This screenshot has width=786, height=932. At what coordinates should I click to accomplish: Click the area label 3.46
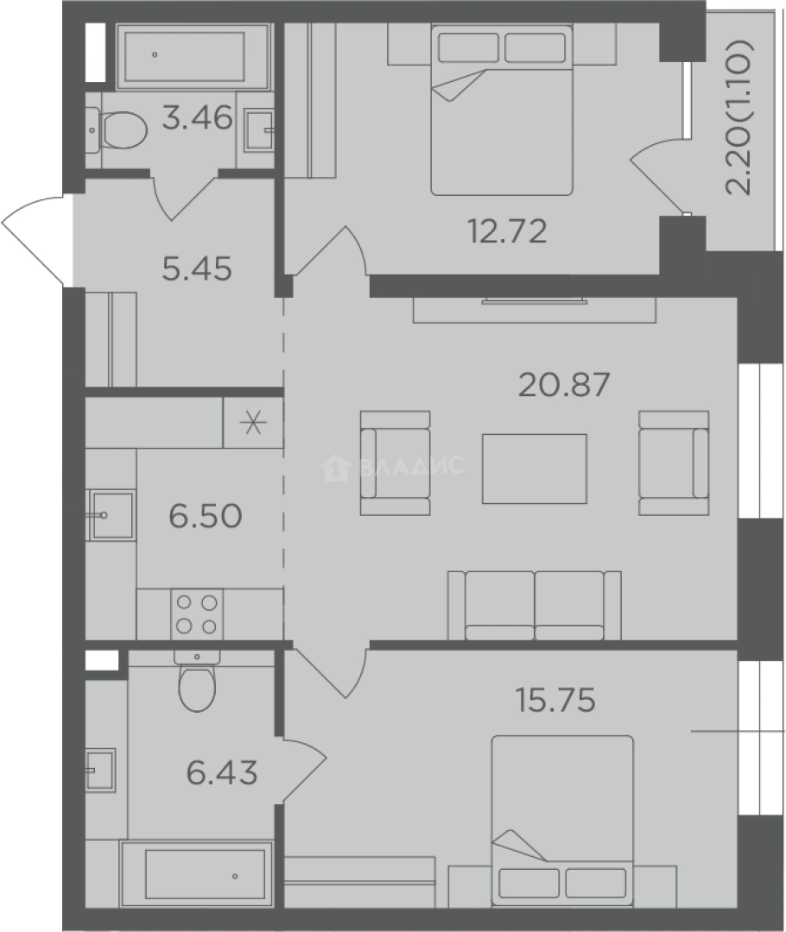(x=198, y=117)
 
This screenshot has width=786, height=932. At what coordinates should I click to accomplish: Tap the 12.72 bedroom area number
(x=508, y=231)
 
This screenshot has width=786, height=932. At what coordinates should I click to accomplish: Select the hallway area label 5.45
(x=197, y=269)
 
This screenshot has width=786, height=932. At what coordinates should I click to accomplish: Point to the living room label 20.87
(x=564, y=385)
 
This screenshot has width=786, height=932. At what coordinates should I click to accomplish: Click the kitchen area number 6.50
(x=206, y=516)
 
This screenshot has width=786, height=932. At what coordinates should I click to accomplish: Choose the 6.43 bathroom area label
(x=222, y=772)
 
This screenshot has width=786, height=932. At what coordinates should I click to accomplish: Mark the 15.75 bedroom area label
(x=555, y=700)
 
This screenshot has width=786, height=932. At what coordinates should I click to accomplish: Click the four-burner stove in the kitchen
(x=197, y=614)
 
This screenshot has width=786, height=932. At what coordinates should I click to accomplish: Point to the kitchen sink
(x=111, y=514)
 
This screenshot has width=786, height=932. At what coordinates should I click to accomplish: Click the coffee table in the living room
(x=535, y=469)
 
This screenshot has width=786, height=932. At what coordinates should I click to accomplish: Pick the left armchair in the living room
(x=395, y=463)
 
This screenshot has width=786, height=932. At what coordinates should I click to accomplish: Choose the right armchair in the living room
(x=674, y=463)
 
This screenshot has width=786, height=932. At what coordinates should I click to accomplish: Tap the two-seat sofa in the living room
(x=535, y=606)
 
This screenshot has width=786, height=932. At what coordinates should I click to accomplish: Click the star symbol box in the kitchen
(x=253, y=423)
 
